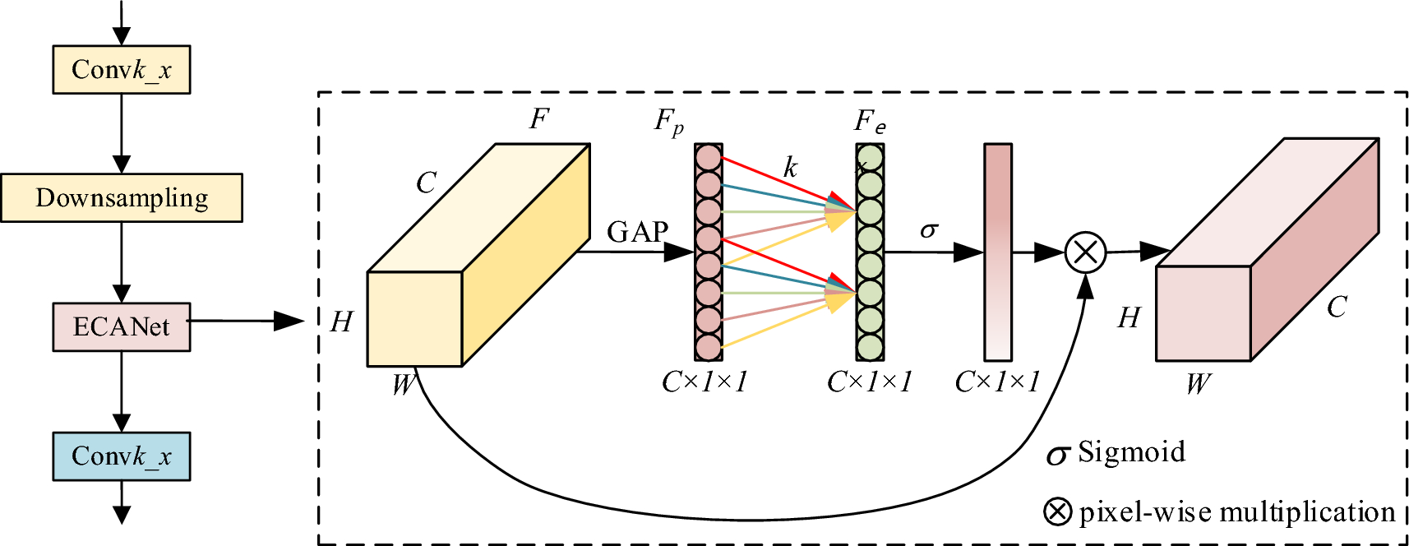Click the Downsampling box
122,198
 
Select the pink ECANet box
122,327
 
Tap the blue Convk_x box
122,456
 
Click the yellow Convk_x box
122,70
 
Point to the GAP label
637,232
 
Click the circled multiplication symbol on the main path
1085,252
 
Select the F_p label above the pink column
668,123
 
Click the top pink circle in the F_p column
708,157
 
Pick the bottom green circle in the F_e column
870,347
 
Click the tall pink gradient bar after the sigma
998,252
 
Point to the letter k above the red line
790,168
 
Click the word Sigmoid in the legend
1131,452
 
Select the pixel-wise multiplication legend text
1236,512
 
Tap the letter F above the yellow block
538,119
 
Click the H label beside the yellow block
341,322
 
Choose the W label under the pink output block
1198,383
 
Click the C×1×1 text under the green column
870,382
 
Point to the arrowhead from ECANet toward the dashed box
289,321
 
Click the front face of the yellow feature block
414,319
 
